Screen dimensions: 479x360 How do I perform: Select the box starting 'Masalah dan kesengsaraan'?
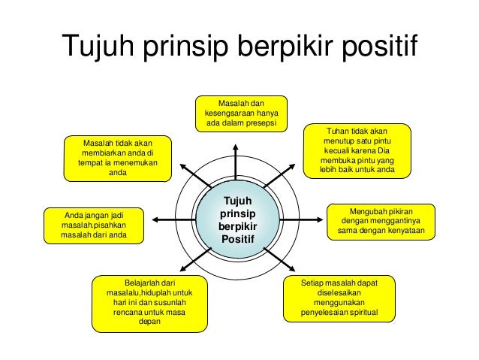coord(241,113)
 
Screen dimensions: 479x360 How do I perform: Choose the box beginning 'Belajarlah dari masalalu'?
coord(150,303)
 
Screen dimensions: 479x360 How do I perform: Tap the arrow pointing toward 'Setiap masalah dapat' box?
coord(281,260)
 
